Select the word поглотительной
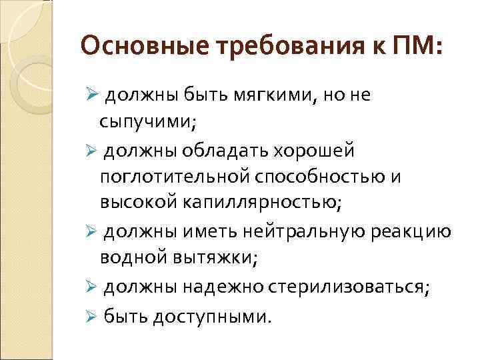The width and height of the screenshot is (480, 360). pyautogui.click(x=173, y=178)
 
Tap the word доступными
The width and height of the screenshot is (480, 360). pyautogui.click(x=211, y=315)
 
